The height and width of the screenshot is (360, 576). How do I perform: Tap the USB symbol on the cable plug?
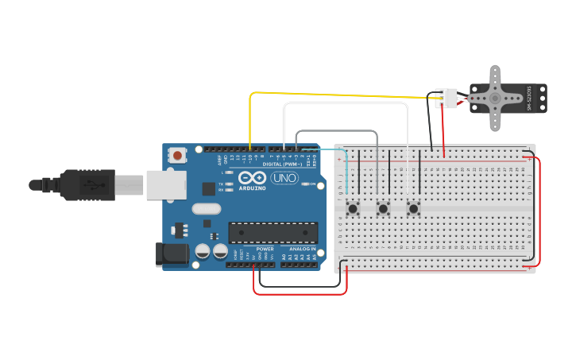click(94, 185)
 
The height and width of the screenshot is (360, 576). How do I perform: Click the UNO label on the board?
click(284, 178)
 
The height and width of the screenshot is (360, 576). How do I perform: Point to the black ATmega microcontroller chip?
click(273, 232)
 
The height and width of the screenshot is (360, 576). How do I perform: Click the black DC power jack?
click(172, 254)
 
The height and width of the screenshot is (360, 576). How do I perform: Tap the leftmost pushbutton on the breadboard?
click(353, 208)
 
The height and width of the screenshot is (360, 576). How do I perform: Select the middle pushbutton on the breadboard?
click(383, 208)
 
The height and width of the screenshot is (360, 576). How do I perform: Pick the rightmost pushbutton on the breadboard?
click(413, 208)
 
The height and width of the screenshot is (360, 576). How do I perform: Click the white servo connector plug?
click(446, 98)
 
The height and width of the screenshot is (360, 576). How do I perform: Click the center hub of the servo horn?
click(494, 98)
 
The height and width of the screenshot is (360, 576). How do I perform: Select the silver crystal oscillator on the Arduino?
click(206, 209)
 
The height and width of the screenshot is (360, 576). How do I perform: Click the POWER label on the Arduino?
click(265, 249)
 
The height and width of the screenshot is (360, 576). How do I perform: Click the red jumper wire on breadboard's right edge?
click(540, 211)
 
